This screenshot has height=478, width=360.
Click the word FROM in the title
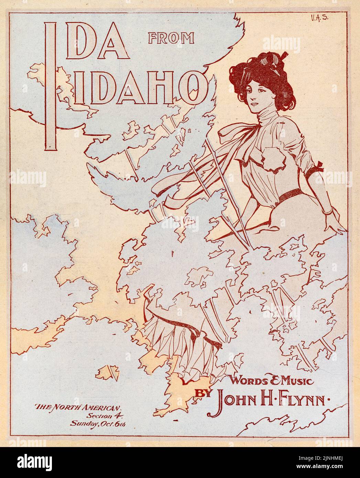coord(171,38)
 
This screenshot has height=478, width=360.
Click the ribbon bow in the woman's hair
coord(268,60)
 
